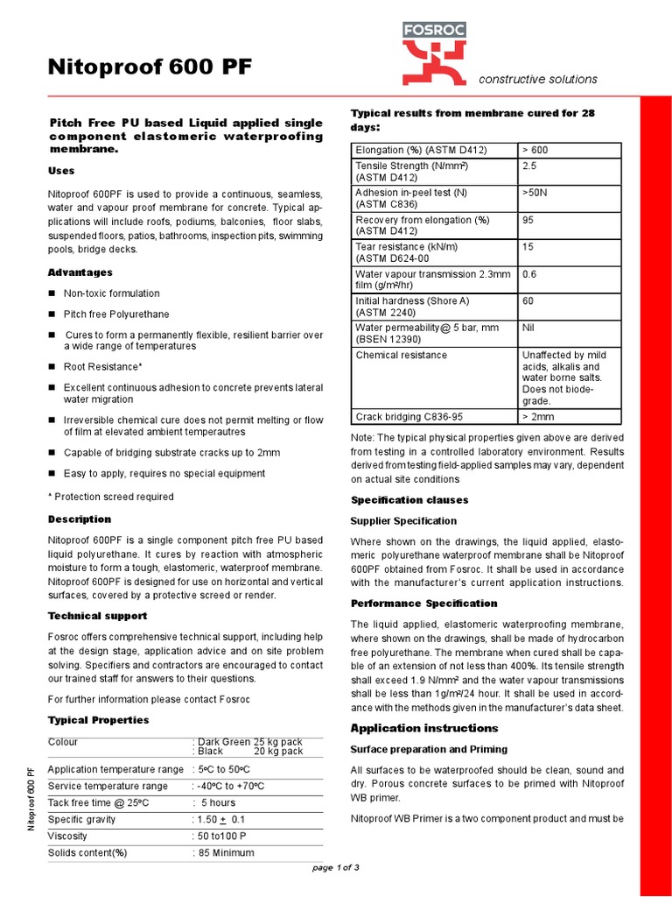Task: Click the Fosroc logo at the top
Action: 434,54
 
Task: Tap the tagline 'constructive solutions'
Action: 537,79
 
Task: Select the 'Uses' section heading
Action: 61,171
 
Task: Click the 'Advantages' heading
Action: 80,272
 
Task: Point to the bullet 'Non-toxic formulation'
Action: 111,293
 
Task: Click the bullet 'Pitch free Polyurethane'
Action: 116,314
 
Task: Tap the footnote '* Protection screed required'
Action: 110,497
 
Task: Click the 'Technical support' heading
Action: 97,616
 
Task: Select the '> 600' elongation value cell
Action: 535,150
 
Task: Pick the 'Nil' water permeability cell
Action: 528,328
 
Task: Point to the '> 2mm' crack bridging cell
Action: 539,417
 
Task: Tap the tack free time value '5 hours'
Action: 218,802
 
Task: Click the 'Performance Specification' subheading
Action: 423,604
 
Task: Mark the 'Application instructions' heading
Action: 424,728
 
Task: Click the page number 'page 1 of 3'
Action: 336,867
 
